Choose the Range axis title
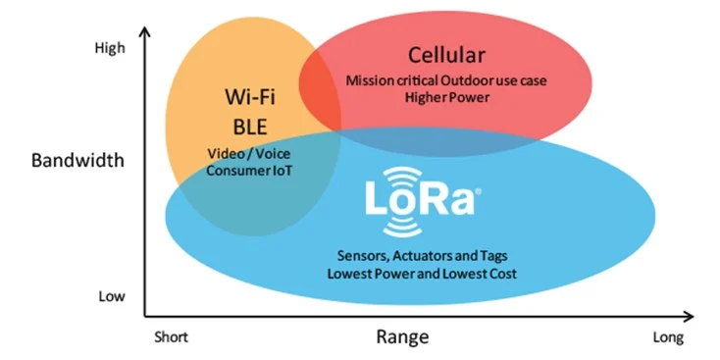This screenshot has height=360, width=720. point(402,337)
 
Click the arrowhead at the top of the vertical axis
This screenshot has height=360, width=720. point(145,31)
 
